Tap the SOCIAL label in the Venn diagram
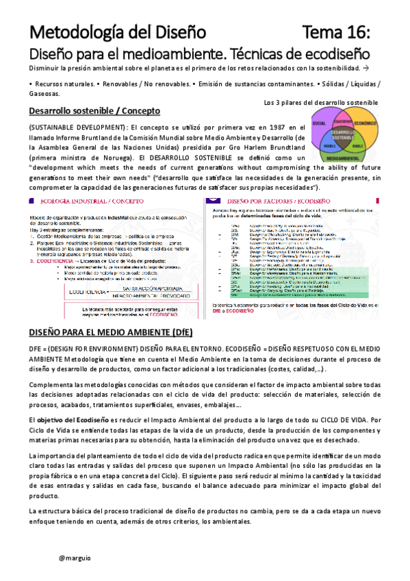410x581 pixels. pyautogui.click(x=318, y=124)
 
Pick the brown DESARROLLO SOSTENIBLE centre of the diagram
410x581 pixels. pyautogui.click(x=342, y=134)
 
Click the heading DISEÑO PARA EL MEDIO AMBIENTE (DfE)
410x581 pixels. pyautogui.click(x=110, y=332)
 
